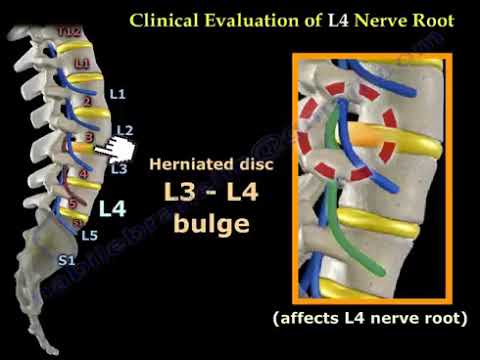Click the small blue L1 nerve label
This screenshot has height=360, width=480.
tap(117, 95)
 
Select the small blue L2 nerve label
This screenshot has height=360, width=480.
tap(124, 130)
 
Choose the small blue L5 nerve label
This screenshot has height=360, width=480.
tap(89, 236)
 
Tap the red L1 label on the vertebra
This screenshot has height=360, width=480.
tap(80, 64)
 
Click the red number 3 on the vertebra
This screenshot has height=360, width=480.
tap(89, 136)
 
